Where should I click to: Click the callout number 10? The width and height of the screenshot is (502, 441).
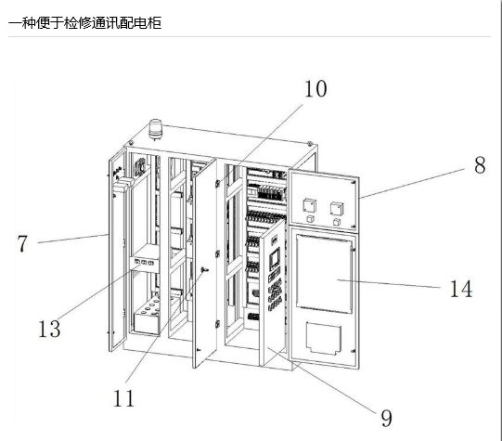coord(315,89)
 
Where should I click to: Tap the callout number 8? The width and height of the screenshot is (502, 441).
coord(480,165)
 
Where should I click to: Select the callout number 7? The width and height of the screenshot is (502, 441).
coord(22,244)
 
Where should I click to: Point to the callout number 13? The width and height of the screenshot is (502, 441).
coord(49,329)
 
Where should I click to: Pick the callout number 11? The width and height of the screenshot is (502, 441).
coord(123,398)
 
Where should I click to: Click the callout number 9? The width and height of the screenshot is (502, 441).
coord(386,418)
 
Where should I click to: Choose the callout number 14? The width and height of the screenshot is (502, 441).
coord(461,289)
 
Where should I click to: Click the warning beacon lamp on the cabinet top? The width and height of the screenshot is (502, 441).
coord(156,129)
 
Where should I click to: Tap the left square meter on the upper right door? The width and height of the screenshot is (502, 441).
coord(310,205)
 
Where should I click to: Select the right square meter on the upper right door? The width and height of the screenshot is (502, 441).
coord(337,209)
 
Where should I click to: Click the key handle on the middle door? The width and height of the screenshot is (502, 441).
coord(203,270)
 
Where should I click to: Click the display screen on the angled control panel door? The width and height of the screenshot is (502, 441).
coord(275,259)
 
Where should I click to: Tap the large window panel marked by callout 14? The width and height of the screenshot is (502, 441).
coord(324,274)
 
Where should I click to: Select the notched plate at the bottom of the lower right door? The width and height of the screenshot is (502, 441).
coord(323,339)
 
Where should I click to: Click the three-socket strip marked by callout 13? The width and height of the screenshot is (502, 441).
coord(144,263)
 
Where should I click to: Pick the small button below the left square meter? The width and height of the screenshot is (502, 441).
coord(310,219)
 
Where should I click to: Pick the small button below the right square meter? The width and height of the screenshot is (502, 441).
coord(337,222)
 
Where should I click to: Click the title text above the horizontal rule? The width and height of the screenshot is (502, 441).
coord(84,23)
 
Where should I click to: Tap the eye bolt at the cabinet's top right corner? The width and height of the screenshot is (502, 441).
coord(310,144)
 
